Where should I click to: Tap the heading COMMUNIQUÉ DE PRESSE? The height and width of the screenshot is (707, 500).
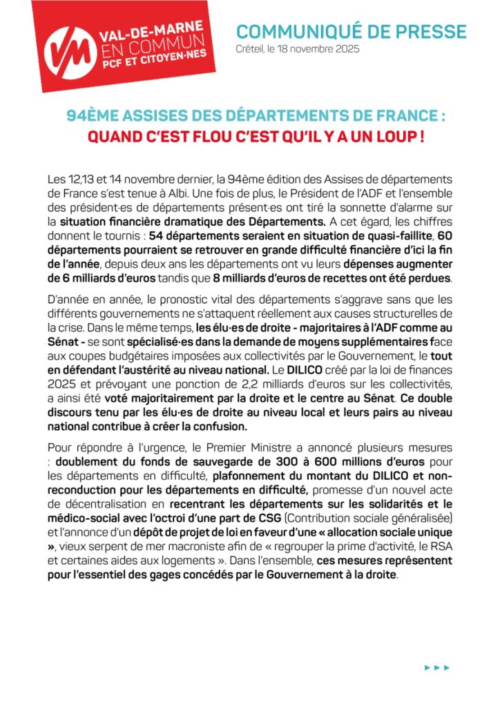pyautogui.click(x=352, y=32)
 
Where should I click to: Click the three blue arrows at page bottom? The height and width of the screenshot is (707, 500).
pyautogui.click(x=437, y=667)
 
